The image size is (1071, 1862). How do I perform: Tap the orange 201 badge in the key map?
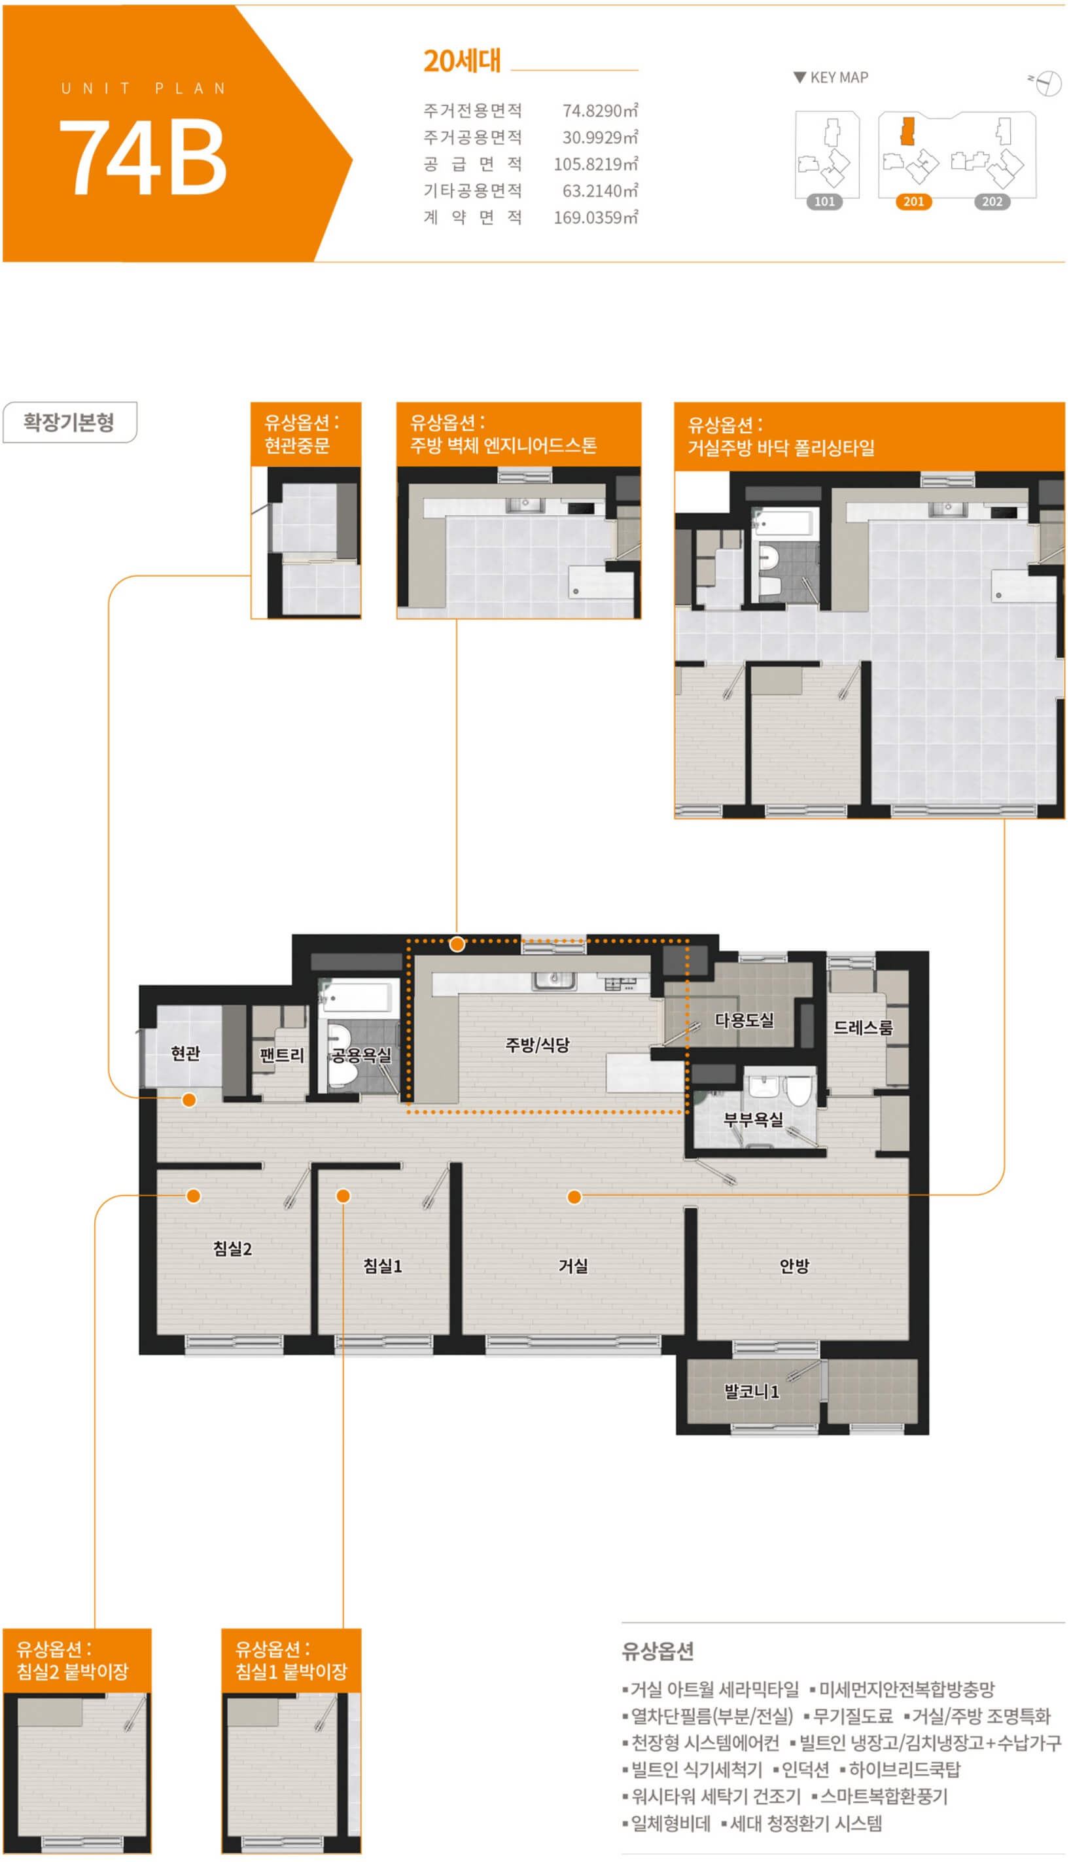click(913, 202)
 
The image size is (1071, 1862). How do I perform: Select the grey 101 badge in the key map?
click(824, 202)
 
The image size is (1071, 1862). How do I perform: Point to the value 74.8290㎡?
click(600, 111)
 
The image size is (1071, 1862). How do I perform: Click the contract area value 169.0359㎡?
click(596, 217)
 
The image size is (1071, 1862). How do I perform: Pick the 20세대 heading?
click(462, 61)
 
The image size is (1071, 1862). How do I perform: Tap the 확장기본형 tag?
click(69, 422)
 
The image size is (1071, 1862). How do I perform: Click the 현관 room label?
click(185, 1054)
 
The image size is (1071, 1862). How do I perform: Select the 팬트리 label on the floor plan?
click(282, 1055)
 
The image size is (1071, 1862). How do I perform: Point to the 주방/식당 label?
click(537, 1045)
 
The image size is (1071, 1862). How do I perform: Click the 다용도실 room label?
click(745, 1020)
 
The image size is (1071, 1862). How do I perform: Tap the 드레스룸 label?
click(863, 1028)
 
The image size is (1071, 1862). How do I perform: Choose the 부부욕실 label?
click(753, 1120)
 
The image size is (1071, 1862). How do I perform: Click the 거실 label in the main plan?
click(573, 1265)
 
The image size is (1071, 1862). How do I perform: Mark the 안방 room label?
click(794, 1265)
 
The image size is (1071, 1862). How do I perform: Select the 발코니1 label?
click(752, 1391)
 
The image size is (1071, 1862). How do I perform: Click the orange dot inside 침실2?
click(194, 1196)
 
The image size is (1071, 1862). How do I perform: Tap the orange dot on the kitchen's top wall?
click(457, 944)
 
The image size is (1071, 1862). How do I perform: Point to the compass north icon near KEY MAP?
click(1046, 82)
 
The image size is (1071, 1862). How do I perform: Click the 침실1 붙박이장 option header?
click(291, 1660)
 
